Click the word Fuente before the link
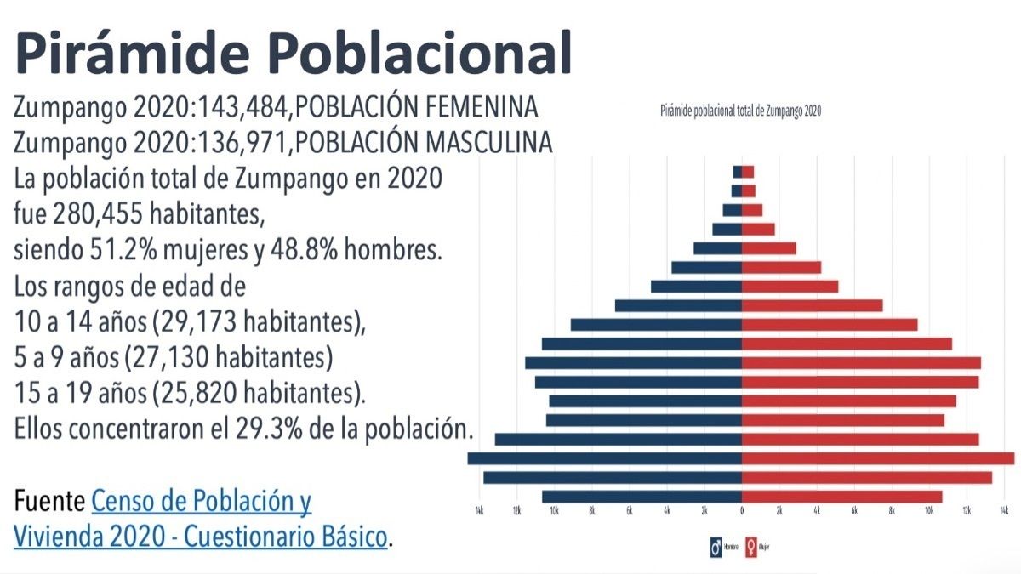[49, 502]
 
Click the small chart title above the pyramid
[740, 111]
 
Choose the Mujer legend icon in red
[751, 547]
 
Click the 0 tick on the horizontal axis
[742, 510]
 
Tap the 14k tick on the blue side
[479, 510]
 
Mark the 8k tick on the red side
[892, 510]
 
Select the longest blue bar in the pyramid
[604, 458]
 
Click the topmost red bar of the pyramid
[748, 172]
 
